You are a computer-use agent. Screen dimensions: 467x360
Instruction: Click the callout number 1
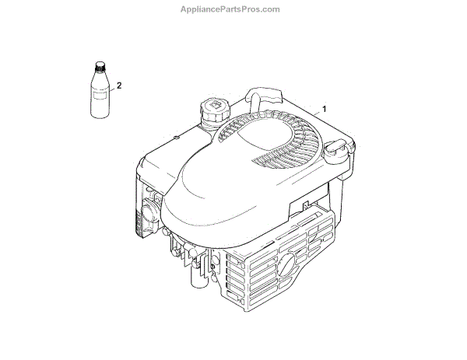tap(325, 107)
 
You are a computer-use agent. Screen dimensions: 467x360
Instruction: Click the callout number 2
tap(119, 84)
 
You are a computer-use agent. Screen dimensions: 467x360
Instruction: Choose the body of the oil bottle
tap(99, 97)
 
